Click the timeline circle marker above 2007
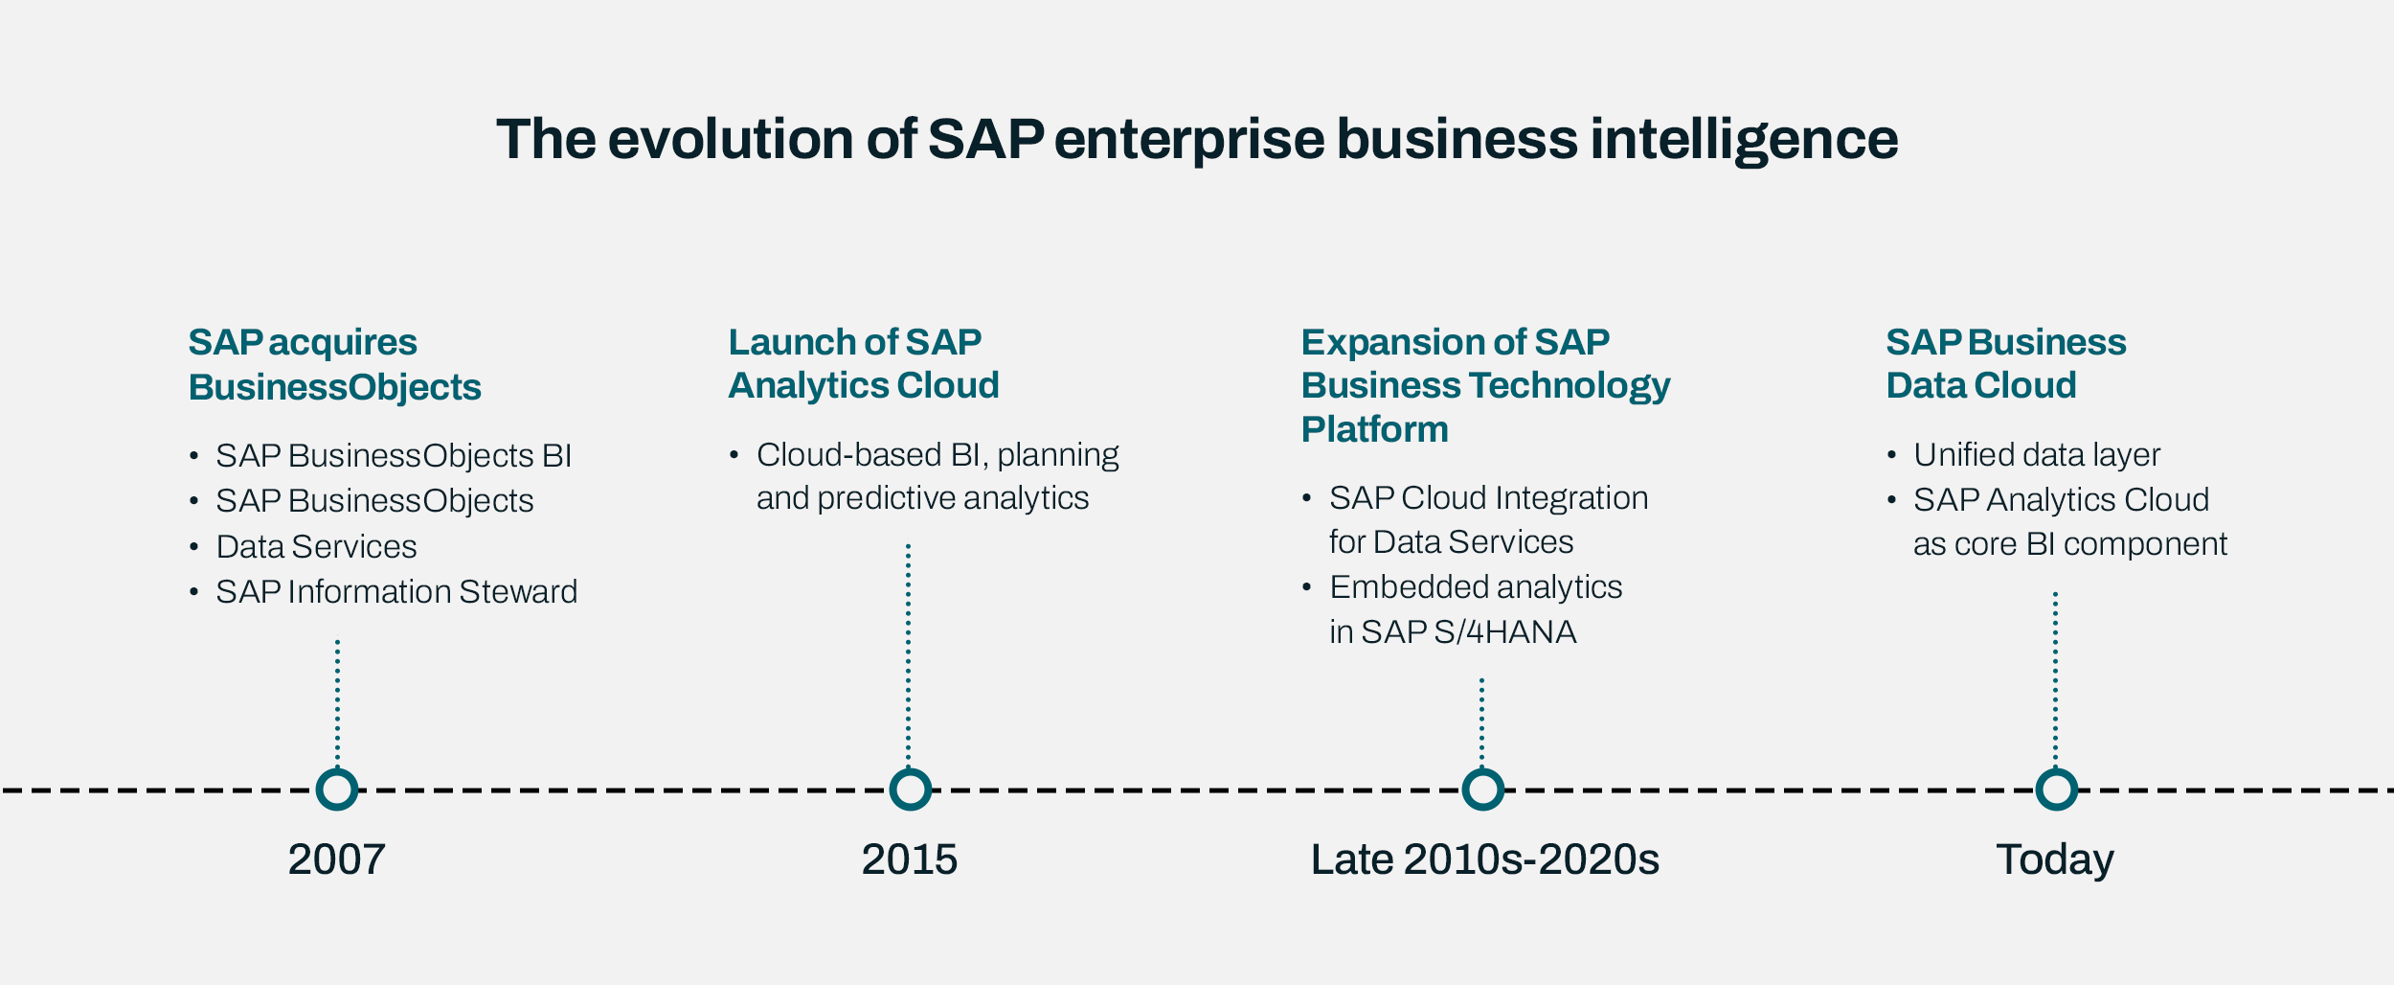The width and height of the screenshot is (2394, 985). [337, 790]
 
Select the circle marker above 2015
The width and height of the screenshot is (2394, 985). [910, 790]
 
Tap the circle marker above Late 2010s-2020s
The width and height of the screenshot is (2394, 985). [1482, 790]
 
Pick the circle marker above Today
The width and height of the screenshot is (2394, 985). [2056, 790]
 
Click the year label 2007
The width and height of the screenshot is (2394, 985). [336, 859]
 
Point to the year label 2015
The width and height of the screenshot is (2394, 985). [909, 859]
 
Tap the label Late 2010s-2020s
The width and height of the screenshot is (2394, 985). [1484, 859]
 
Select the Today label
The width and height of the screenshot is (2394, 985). [2054, 859]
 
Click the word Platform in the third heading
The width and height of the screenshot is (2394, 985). [1374, 429]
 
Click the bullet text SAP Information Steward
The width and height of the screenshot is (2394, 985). [395, 592]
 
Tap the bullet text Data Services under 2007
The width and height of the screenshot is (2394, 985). [316, 547]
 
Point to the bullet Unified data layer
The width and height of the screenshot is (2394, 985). [2036, 455]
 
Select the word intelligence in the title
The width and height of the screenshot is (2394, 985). [1743, 139]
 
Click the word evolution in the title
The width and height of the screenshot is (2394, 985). [731, 139]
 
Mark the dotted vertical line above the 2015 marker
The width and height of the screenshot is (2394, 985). [908, 652]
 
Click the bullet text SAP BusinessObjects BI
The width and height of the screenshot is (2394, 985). [393, 456]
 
